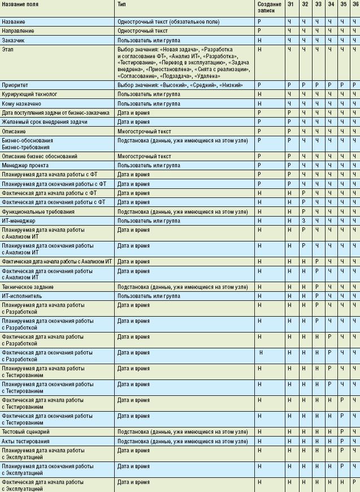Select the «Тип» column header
[122, 5]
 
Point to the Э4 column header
[331, 5]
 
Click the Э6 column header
[354, 5]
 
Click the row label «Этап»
[8, 50]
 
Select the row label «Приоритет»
[15, 85]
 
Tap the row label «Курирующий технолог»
[29, 94]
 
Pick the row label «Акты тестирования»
[26, 441]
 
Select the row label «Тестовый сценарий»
[27, 432]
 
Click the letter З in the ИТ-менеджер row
[303, 221]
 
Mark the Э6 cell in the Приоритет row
[354, 85]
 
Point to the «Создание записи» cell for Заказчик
[259, 41]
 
